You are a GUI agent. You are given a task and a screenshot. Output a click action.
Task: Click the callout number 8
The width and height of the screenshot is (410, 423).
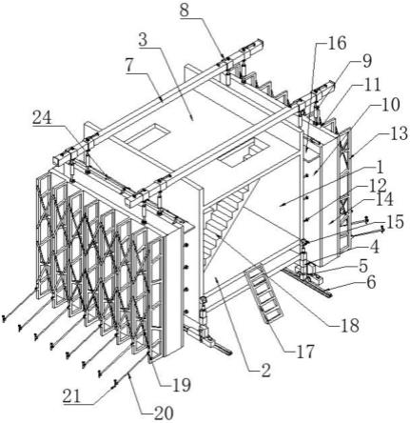click(x=184, y=10)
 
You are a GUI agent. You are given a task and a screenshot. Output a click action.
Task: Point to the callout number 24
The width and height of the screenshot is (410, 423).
click(x=43, y=118)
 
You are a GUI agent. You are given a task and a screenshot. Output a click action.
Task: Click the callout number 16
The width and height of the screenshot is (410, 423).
click(x=336, y=43)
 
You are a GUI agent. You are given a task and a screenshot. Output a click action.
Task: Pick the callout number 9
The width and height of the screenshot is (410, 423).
click(x=367, y=62)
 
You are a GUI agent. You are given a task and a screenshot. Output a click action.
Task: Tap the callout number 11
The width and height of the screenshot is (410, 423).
click(x=370, y=85)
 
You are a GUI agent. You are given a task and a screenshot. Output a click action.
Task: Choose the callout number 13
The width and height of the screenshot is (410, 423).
click(x=399, y=133)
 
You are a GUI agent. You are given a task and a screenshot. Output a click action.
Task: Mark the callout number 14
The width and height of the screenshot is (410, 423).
click(x=383, y=200)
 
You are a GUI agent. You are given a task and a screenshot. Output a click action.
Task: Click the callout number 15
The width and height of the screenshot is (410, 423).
click(x=394, y=222)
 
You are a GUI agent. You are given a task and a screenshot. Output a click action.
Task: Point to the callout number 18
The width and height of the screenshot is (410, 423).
click(x=349, y=325)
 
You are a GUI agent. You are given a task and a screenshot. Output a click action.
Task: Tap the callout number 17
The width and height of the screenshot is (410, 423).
click(x=304, y=352)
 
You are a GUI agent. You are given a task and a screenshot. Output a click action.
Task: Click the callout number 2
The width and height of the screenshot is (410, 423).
click(x=265, y=371)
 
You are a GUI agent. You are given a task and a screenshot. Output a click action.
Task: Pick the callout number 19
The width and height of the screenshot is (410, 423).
click(x=182, y=385)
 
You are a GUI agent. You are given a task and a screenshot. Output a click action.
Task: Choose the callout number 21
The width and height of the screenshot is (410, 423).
click(x=72, y=397)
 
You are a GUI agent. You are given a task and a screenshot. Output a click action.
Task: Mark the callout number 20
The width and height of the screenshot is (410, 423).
click(x=164, y=413)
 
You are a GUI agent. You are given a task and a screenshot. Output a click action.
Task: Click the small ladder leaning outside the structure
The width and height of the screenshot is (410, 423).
click(x=264, y=292)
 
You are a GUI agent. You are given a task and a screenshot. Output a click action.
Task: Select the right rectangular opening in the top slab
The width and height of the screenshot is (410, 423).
click(x=244, y=152)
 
